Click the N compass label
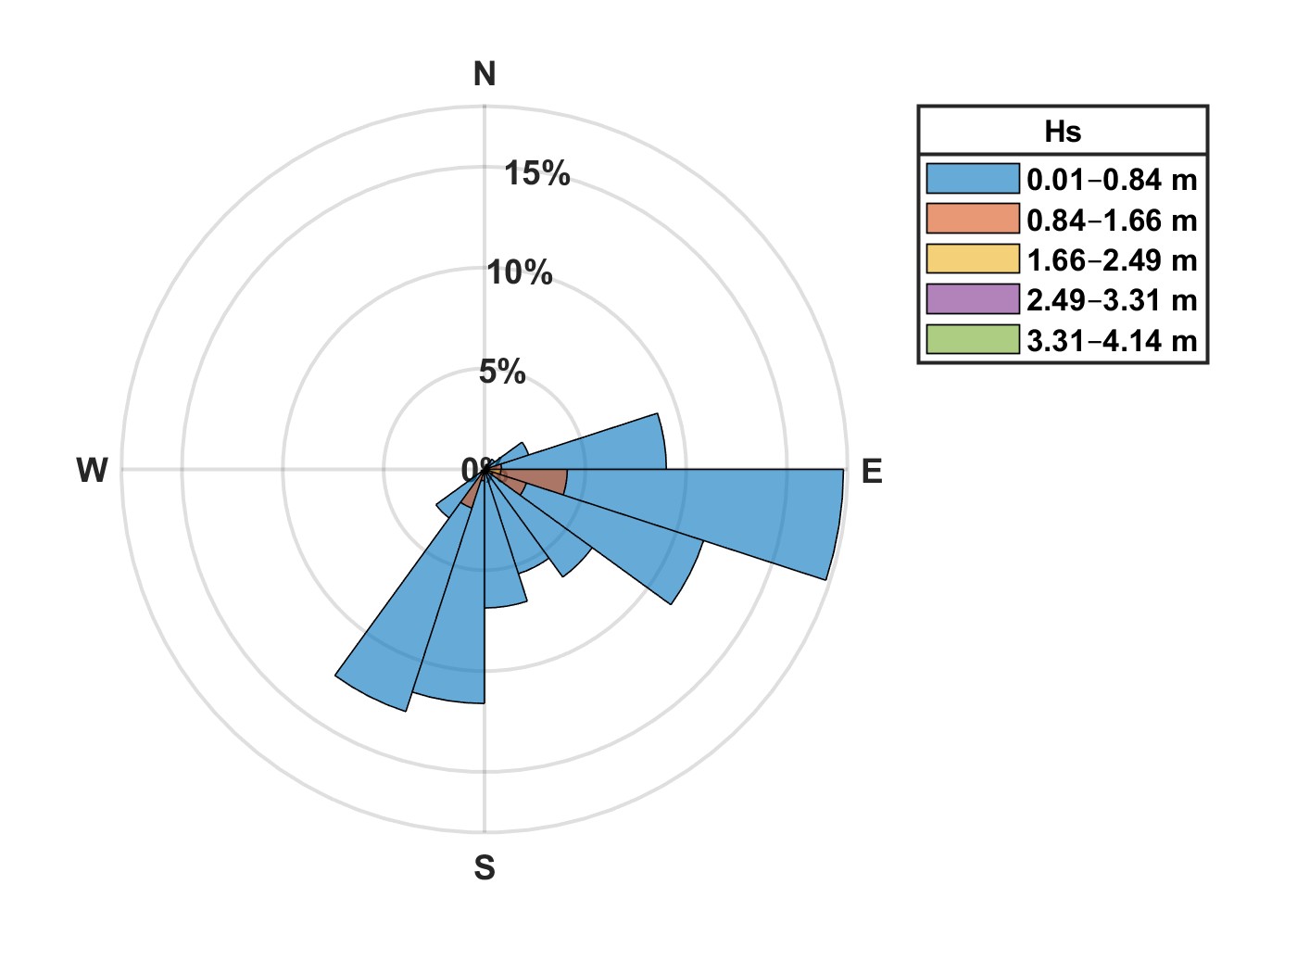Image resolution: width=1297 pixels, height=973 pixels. click(485, 74)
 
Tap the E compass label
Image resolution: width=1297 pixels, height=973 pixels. click(872, 472)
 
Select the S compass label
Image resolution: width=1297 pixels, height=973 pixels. click(485, 868)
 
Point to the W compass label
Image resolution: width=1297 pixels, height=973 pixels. click(93, 471)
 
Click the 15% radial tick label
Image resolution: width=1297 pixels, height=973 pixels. click(537, 173)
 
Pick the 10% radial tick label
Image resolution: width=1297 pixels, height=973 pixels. click(520, 273)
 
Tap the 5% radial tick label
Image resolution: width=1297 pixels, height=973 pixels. click(502, 373)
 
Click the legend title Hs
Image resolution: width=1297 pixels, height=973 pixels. click(1063, 132)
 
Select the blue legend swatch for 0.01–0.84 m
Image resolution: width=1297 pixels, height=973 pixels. click(972, 179)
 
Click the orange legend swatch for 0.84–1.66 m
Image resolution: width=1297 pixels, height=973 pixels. click(972, 220)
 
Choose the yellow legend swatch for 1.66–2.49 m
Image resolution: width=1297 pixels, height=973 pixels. click(972, 259)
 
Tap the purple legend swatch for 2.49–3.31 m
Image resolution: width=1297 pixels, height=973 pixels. click(972, 300)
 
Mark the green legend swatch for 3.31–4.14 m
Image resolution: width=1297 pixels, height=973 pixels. click(972, 340)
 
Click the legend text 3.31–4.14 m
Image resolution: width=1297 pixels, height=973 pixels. click(1112, 341)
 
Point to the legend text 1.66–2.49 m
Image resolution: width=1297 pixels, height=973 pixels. click(1112, 260)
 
